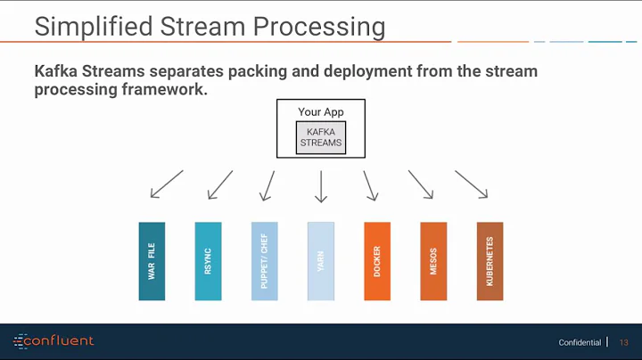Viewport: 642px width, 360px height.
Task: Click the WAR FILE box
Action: pos(152,261)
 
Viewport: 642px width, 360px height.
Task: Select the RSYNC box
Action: pos(208,261)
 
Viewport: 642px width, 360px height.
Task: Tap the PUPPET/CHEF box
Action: pos(264,261)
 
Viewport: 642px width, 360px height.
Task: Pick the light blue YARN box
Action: pos(320,261)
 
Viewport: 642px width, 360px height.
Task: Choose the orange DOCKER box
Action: pos(377,261)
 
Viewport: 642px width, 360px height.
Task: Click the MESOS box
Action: pos(433,261)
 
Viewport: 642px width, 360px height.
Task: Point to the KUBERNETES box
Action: pos(490,261)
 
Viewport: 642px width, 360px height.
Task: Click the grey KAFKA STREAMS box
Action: pos(320,137)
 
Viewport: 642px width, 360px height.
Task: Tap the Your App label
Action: pos(320,112)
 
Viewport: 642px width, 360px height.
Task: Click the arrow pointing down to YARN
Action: pos(321,186)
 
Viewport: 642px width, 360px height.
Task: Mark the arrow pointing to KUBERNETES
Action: pos(472,185)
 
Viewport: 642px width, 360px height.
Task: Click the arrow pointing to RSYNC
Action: pos(219,185)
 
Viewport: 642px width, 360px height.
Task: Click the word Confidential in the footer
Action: pos(580,343)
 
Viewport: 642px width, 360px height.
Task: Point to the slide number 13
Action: pos(623,343)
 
